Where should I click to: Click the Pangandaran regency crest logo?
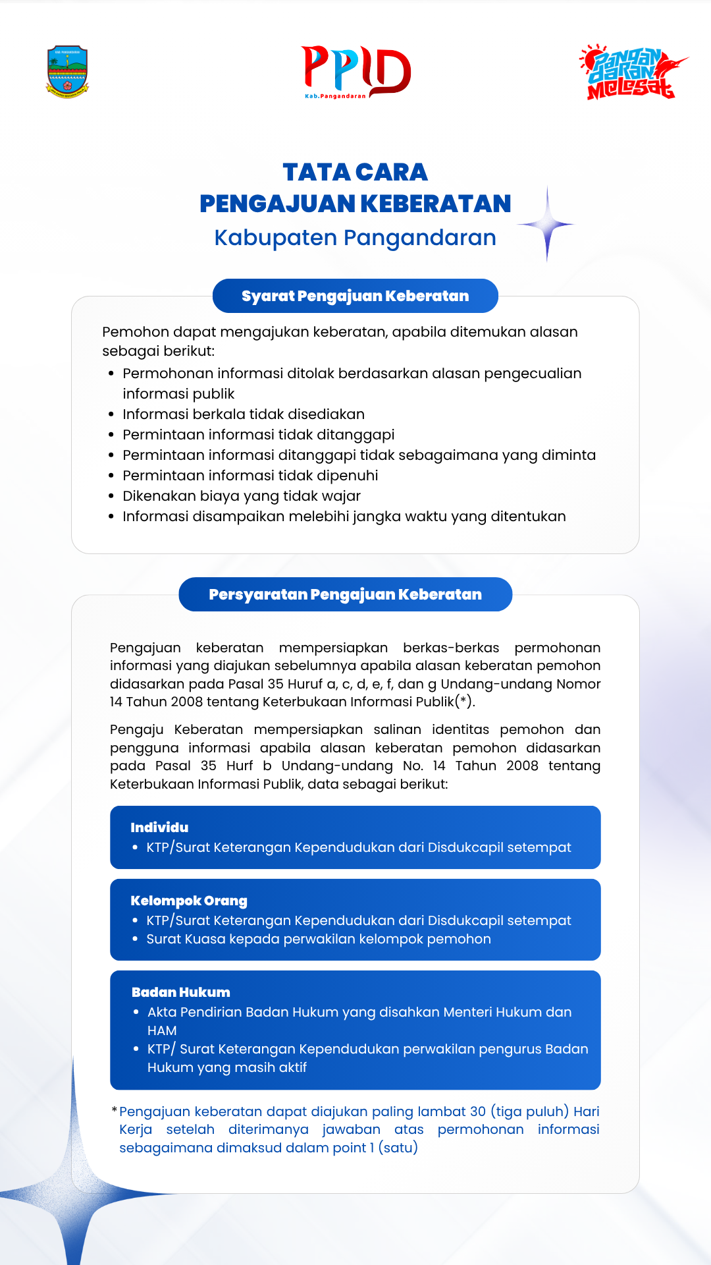[67, 72]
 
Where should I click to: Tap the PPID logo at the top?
[355, 72]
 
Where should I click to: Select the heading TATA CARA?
[355, 173]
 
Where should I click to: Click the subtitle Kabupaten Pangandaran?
[355, 238]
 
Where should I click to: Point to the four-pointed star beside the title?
[546, 225]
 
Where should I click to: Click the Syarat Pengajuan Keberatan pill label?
[355, 296]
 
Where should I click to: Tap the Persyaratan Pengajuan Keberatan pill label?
[345, 594]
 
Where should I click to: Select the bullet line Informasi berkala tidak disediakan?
[244, 414]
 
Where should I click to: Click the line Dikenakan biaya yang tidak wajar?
[242, 496]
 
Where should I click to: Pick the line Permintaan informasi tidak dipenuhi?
[250, 476]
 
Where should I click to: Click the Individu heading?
[159, 828]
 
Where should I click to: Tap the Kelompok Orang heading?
[189, 901]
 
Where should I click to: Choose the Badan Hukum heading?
[181, 992]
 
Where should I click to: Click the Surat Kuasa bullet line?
[319, 939]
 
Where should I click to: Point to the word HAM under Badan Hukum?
[162, 1030]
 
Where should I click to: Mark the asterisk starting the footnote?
[115, 1111]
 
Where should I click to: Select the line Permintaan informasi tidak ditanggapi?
[259, 435]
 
